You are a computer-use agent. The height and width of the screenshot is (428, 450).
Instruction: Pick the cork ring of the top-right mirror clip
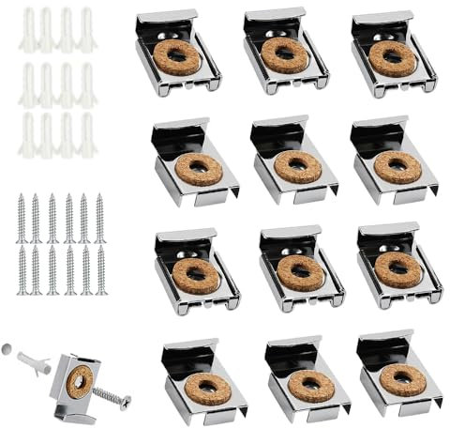pyautogui.click(x=393, y=58)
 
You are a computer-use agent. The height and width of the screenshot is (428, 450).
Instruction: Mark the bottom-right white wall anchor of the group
pyautogui.click(x=86, y=134)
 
